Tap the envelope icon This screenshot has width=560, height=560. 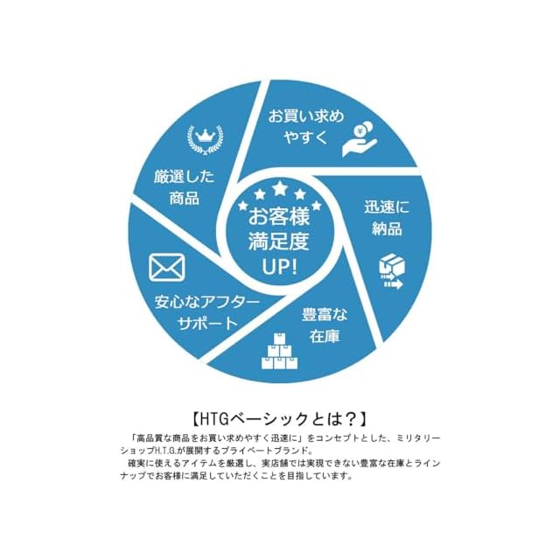(x=167, y=268)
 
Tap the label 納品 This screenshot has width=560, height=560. (x=386, y=230)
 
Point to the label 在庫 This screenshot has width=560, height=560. (x=324, y=334)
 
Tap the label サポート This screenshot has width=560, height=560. (x=207, y=323)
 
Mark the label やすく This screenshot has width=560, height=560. (x=303, y=137)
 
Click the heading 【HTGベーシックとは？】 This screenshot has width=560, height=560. (x=280, y=417)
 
